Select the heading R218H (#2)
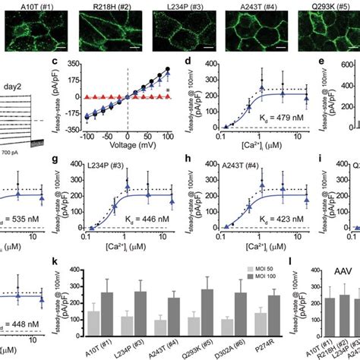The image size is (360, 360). (102, 5)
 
